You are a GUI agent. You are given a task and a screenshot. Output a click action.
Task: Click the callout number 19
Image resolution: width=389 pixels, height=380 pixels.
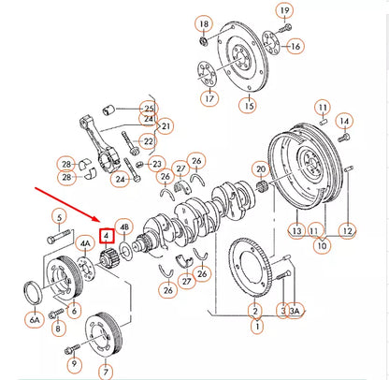click(x=284, y=10)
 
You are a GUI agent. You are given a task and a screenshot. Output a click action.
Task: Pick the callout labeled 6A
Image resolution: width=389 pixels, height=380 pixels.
click(x=35, y=319)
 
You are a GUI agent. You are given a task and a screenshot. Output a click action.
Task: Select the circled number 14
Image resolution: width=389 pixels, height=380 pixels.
click(x=343, y=121)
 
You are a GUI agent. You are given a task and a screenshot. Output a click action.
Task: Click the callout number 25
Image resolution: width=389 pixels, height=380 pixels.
click(x=148, y=108)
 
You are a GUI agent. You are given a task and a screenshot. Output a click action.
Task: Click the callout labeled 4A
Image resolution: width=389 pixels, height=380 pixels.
click(x=85, y=241)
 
